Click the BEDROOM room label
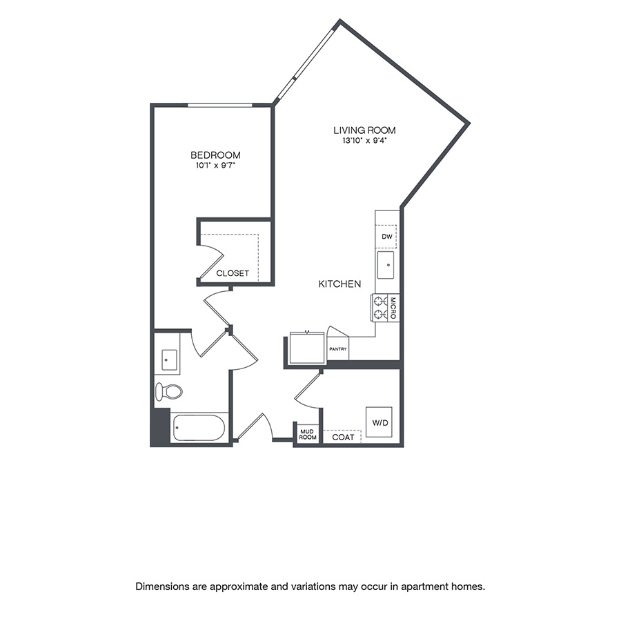tap(215, 155)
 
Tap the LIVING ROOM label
tap(364, 130)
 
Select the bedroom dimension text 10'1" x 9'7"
tap(215, 166)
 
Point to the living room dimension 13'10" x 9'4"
tap(364, 141)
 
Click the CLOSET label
tap(233, 273)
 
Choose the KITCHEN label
tap(339, 284)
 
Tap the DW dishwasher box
tap(386, 237)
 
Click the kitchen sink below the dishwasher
tap(386, 265)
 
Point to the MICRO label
tap(392, 307)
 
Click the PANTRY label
tap(338, 349)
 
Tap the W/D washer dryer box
tap(379, 422)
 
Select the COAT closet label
tap(343, 437)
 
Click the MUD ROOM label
tap(307, 435)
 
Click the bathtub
tap(199, 428)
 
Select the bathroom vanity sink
tap(169, 359)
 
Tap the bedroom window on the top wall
tap(220, 105)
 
